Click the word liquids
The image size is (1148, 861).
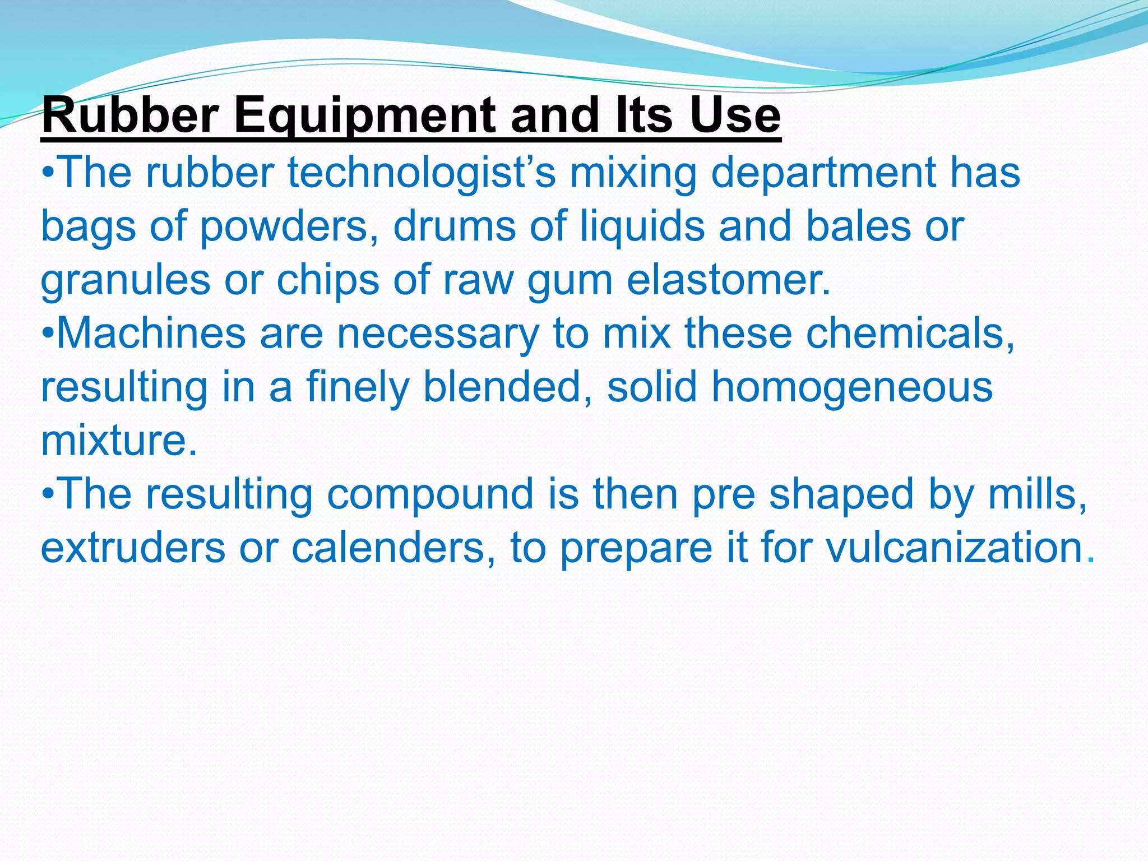(x=641, y=226)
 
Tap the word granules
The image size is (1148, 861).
(x=126, y=280)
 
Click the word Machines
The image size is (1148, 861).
(x=151, y=333)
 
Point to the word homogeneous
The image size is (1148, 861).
(x=851, y=387)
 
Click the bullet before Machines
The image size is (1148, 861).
(x=48, y=334)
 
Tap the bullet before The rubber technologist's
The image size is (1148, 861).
(x=48, y=173)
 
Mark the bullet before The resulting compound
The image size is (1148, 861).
(x=48, y=495)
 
